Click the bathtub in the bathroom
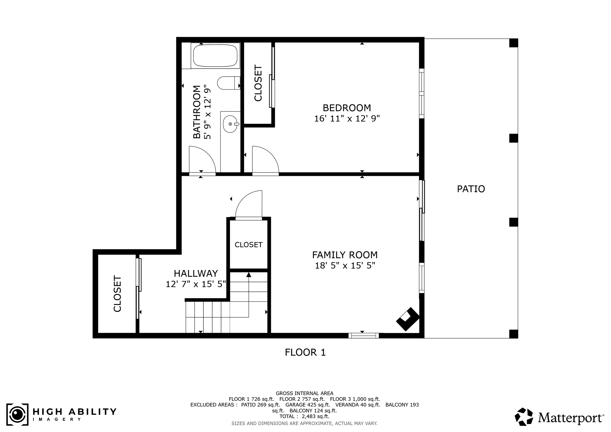[215, 56]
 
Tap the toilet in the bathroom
[229, 83]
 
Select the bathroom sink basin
[230, 124]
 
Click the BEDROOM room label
[347, 108]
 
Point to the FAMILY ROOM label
[345, 255]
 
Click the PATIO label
[471, 189]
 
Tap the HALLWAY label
[196, 273]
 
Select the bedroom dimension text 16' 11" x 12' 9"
[347, 119]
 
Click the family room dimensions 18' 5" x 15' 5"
[345, 266]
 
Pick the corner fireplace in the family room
[408, 319]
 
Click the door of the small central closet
[249, 218]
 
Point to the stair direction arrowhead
[249, 274]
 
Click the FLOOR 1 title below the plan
[305, 352]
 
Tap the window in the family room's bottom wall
[364, 336]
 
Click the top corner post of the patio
[513, 43]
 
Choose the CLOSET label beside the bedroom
[258, 83]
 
